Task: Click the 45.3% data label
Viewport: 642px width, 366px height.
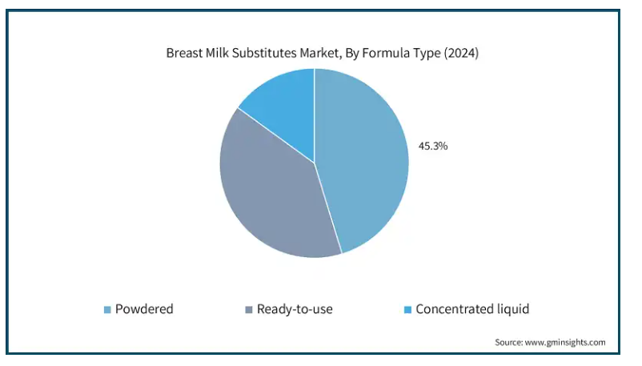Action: [x=433, y=147]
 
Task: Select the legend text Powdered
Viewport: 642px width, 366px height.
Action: [x=144, y=309]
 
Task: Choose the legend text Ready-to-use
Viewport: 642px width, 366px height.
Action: [x=295, y=309]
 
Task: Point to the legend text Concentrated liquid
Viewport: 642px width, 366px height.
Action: [x=472, y=309]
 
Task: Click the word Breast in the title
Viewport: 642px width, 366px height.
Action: [x=183, y=54]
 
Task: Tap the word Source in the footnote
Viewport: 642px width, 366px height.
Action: [x=508, y=342]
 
